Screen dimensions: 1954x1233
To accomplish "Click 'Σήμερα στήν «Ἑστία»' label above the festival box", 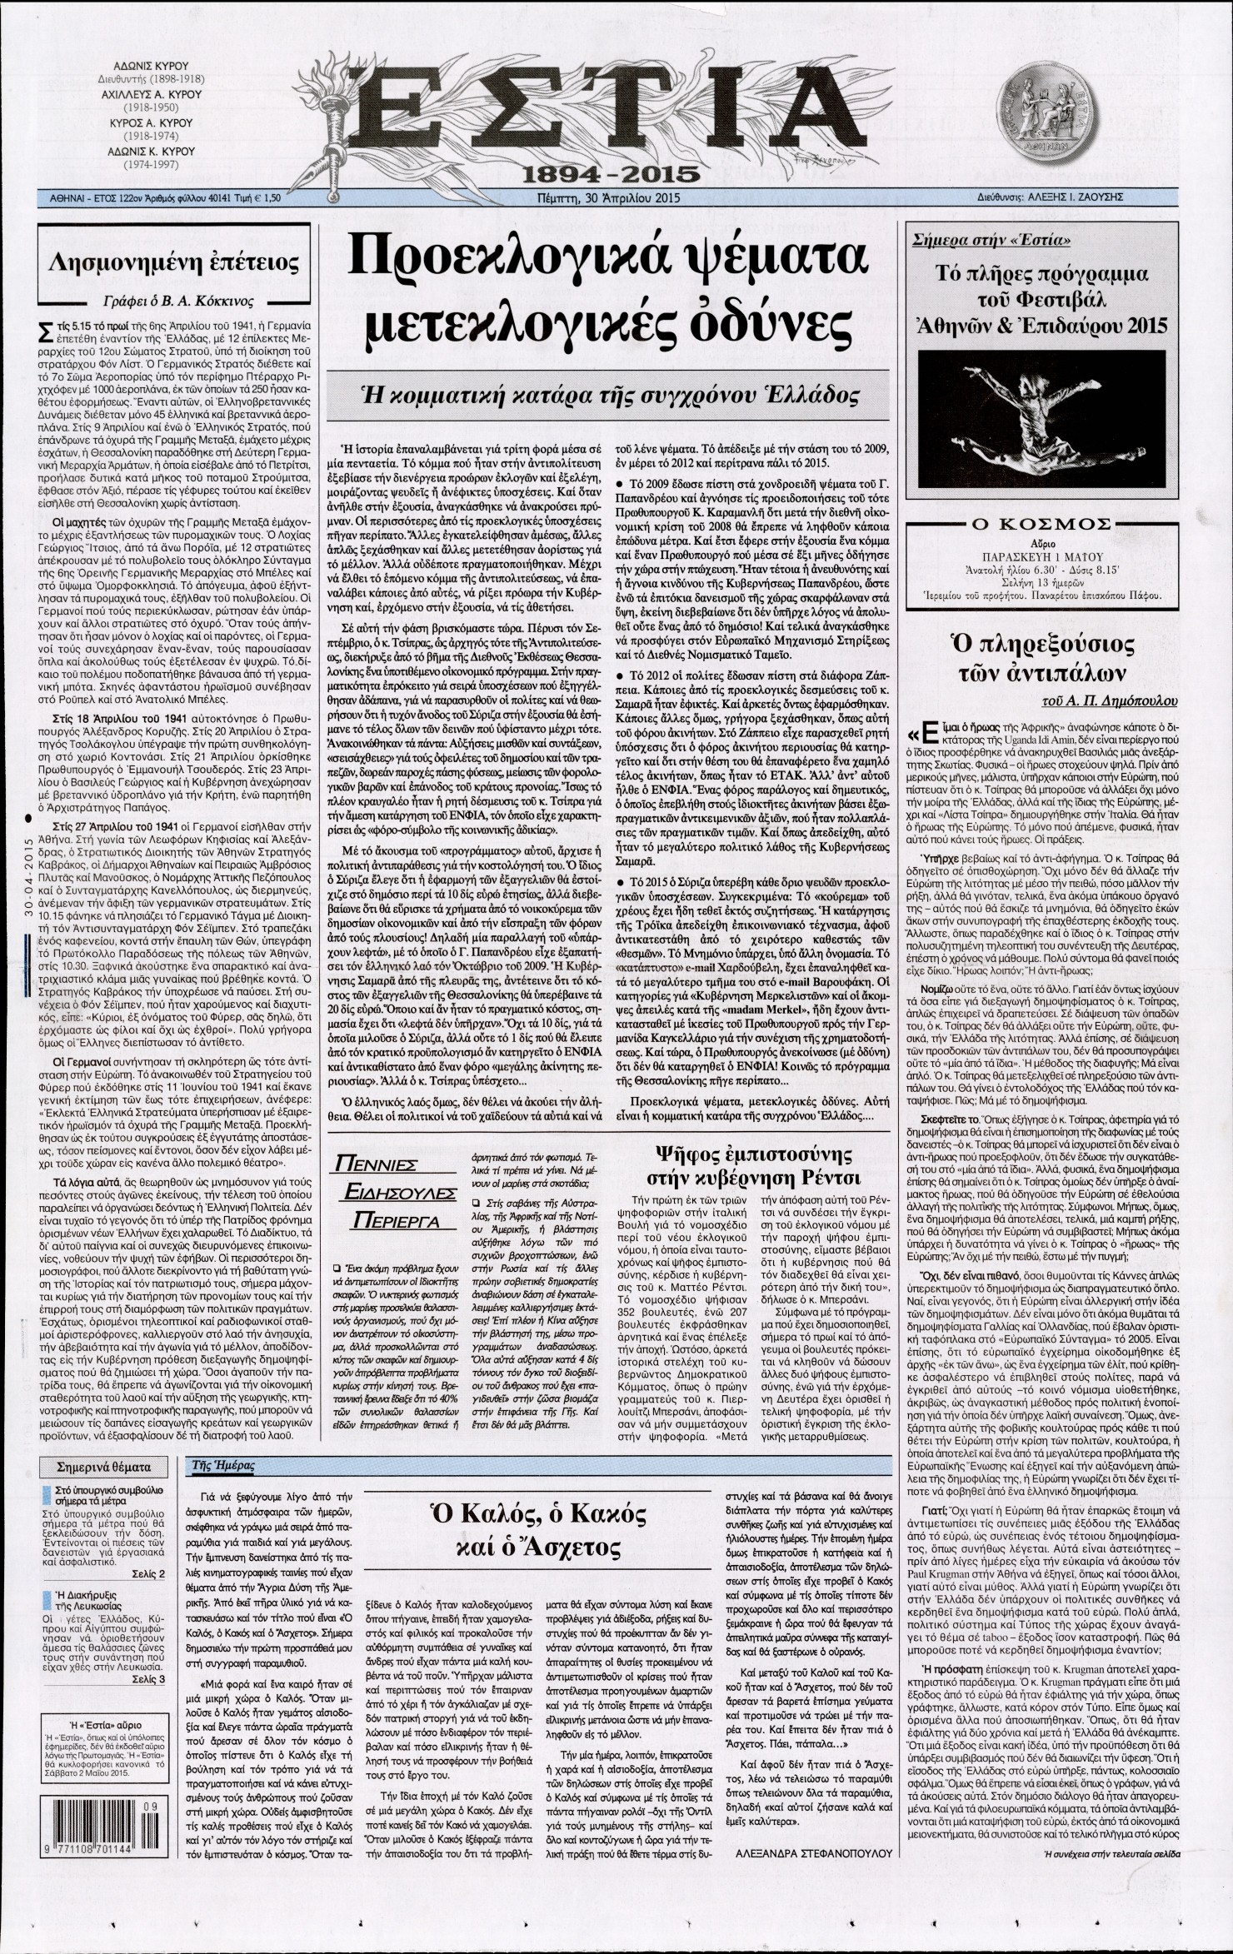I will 989,243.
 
